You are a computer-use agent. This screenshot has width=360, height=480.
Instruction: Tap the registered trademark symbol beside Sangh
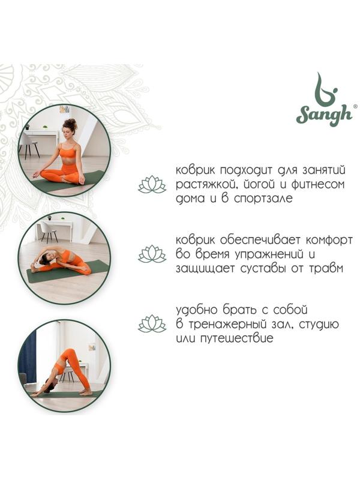[x=355, y=106]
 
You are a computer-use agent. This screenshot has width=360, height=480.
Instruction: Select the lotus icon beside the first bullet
[x=152, y=184]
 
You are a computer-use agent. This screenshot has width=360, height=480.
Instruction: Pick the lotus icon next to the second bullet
[x=152, y=254]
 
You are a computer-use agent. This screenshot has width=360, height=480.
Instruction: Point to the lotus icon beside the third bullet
[x=152, y=324]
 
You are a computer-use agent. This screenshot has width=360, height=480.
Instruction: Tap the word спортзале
[x=263, y=199]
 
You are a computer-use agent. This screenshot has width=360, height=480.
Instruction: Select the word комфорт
[x=326, y=241]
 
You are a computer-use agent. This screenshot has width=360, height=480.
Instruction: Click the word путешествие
[x=236, y=338]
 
